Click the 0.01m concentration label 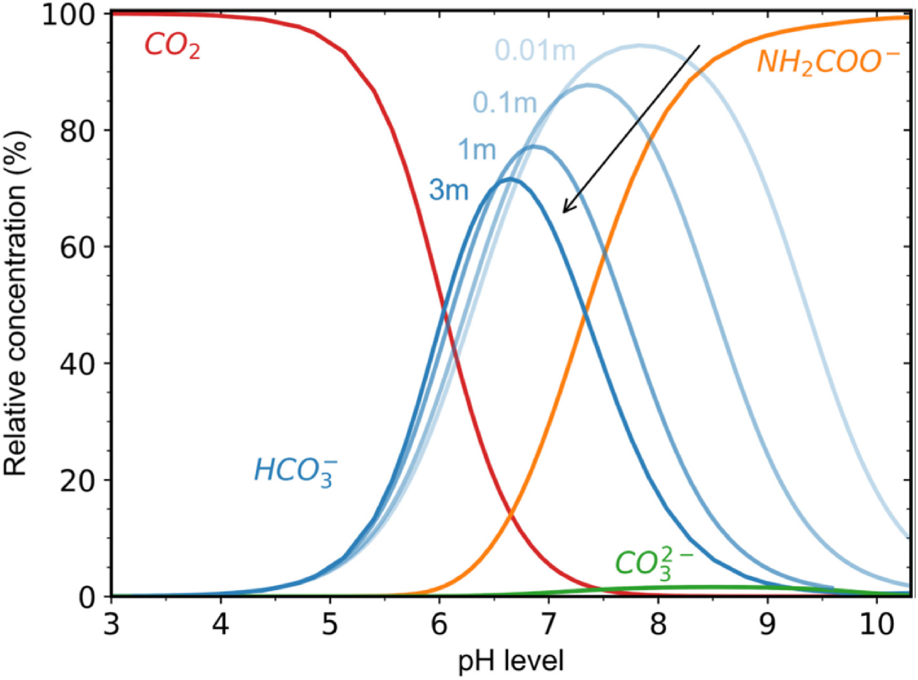coord(535,51)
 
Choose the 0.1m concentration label coord(505,103)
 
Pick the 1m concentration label coord(477,150)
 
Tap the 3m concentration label coord(449,190)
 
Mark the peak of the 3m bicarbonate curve coord(510,179)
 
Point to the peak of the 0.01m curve coord(640,46)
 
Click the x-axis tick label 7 coord(548,623)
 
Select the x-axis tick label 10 coord(876,623)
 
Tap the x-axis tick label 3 coord(111,623)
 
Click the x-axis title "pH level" coord(510,661)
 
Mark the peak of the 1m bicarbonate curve coord(534,146)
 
